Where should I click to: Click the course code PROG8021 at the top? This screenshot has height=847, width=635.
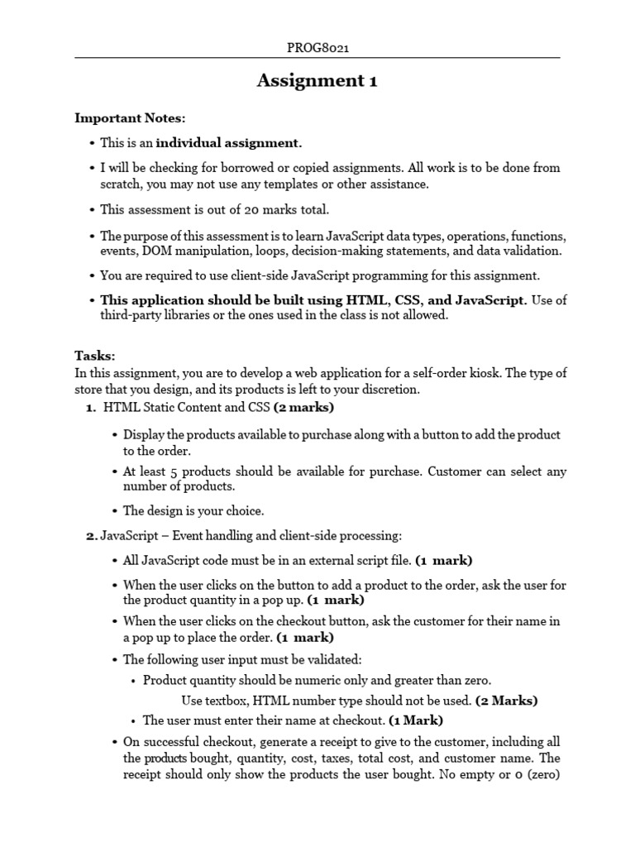pyautogui.click(x=317, y=48)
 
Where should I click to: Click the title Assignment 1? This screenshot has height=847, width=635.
pyautogui.click(x=317, y=80)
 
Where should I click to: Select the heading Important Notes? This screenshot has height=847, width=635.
pyautogui.click(x=131, y=117)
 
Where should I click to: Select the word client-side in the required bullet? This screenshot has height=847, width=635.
pyautogui.click(x=244, y=275)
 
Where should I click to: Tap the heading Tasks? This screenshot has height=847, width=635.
pyautogui.click(x=95, y=356)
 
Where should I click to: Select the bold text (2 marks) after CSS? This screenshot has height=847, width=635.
pyautogui.click(x=303, y=407)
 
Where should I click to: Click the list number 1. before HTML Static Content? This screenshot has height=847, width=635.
pyautogui.click(x=91, y=407)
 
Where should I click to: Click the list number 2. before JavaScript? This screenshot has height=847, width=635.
pyautogui.click(x=91, y=536)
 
